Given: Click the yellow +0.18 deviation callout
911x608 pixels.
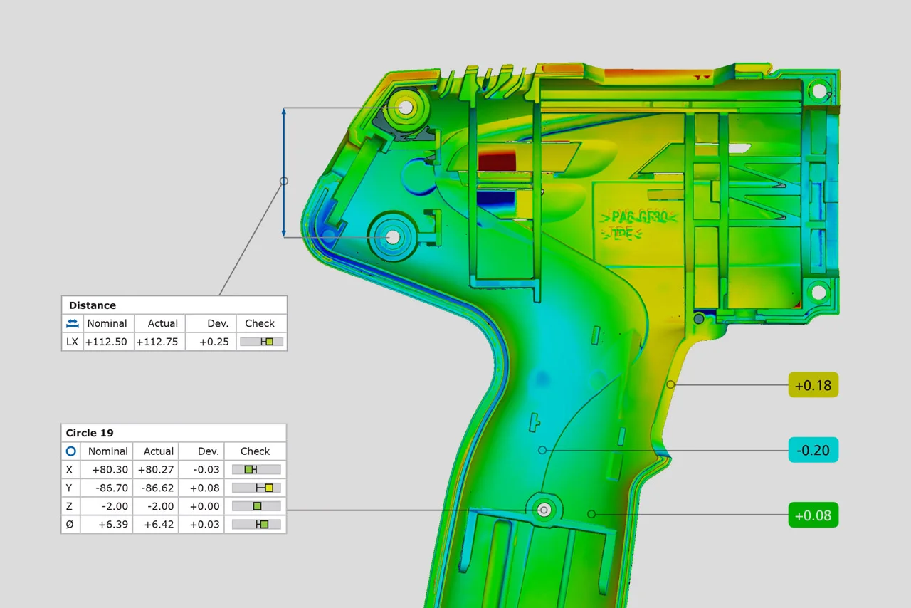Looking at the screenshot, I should (813, 385).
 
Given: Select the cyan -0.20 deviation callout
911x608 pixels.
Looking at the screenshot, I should (813, 450).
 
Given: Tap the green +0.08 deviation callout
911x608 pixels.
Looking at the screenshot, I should (813, 515).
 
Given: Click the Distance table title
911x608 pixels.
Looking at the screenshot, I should (93, 305).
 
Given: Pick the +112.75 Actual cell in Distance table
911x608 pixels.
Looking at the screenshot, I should (159, 342).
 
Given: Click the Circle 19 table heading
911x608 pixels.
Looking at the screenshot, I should (90, 433).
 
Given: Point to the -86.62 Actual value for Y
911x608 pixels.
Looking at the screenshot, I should (157, 488).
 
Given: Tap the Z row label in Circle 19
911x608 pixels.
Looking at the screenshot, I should (69, 506).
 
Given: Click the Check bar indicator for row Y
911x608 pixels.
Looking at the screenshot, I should (256, 488).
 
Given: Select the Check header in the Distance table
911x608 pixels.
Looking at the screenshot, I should (260, 323).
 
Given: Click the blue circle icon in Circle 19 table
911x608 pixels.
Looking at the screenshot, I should (70, 451).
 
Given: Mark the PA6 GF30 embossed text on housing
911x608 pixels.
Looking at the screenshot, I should (638, 216).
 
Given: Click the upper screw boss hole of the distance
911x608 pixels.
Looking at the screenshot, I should (405, 108).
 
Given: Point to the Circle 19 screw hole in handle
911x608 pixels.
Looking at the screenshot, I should (544, 510).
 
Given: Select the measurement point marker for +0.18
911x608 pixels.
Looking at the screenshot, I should (670, 384).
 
